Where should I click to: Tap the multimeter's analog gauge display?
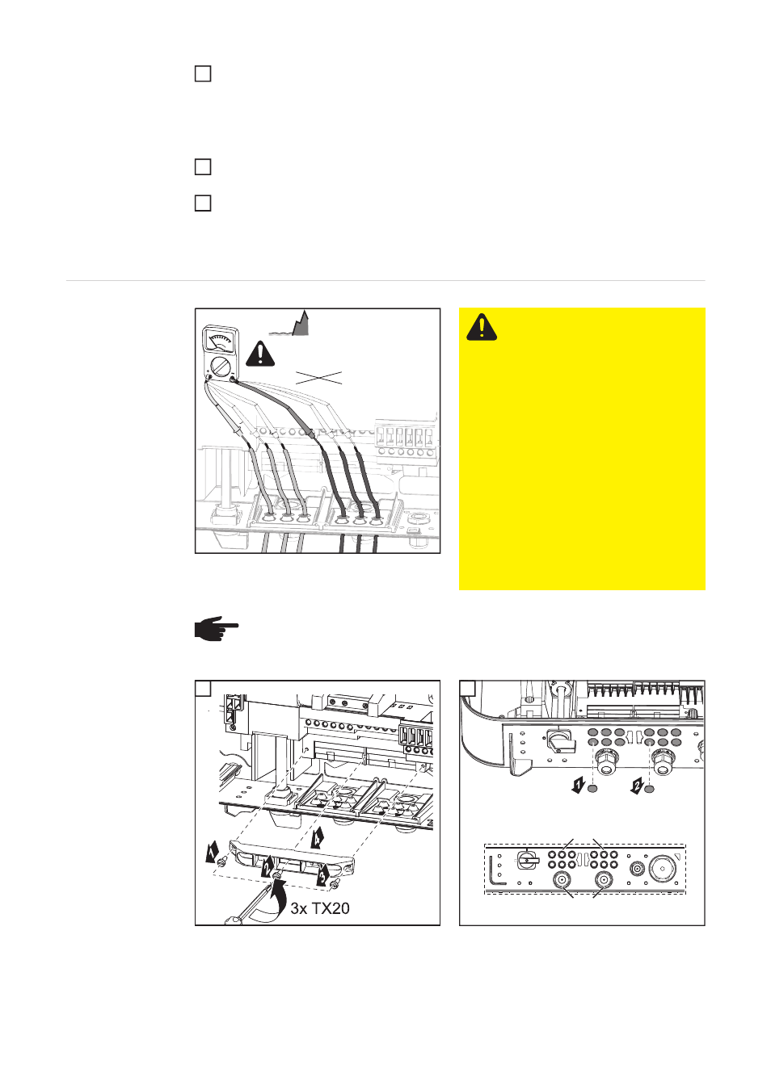[x=220, y=340]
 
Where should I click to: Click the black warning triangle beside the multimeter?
[x=260, y=354]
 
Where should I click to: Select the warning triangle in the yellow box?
[x=482, y=326]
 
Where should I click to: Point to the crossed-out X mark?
[x=318, y=378]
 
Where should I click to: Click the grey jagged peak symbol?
[x=301, y=324]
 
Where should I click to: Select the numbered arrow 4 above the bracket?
[x=317, y=836]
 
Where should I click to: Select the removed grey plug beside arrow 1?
[x=592, y=789]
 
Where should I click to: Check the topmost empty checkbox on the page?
[x=203, y=74]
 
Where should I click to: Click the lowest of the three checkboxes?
[x=203, y=203]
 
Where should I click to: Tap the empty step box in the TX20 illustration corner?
[x=204, y=688]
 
